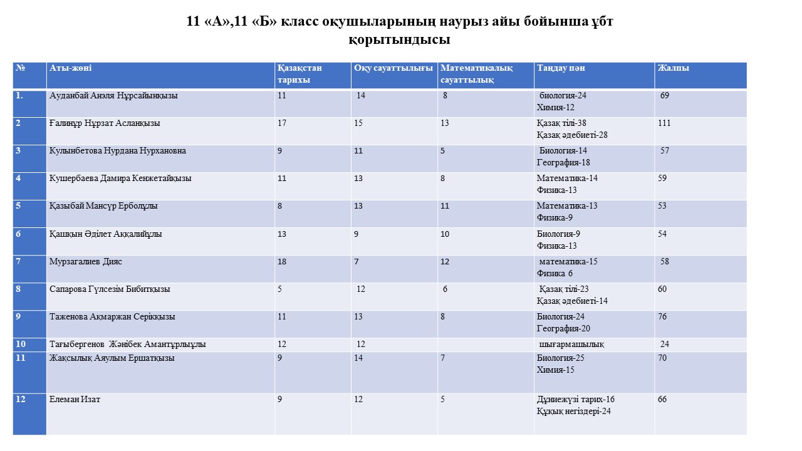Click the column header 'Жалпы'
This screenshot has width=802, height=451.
point(673,68)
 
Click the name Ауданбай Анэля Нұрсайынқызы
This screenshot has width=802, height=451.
point(113,96)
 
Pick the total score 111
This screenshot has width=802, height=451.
point(664,123)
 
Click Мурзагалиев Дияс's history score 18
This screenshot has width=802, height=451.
point(282,261)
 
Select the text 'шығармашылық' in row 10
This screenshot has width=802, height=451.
point(571,345)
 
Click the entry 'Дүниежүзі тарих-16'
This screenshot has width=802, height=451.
point(576,400)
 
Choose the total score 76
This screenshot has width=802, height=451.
point(662,316)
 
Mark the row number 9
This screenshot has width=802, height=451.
point(19,316)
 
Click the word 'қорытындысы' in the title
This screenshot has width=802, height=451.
point(400,41)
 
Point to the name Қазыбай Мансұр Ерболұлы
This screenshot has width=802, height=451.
point(103,206)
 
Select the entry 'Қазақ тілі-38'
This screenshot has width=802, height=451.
point(561,123)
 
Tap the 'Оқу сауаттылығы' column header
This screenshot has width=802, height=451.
point(393,68)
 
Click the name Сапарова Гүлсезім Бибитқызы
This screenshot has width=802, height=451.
point(110,289)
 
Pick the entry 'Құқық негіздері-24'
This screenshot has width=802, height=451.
point(574,412)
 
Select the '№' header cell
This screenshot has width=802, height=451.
point(20,68)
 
